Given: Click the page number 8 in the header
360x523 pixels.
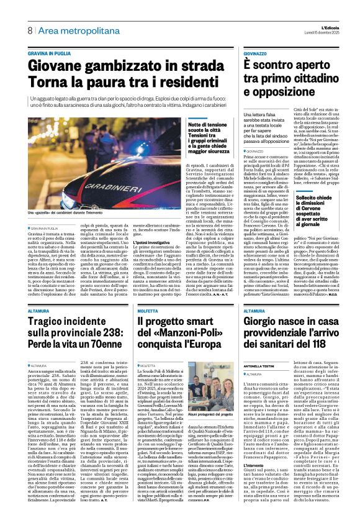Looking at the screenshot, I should (29, 30).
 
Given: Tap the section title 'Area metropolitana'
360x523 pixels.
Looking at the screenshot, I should (70, 30).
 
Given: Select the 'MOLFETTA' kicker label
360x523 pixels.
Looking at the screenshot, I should (150, 311).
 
